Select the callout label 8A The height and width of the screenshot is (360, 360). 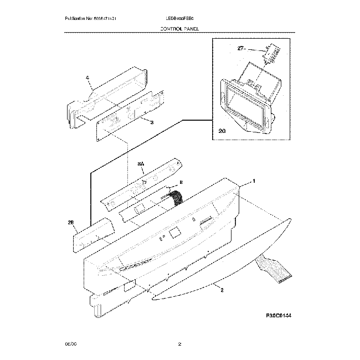tap(141, 164)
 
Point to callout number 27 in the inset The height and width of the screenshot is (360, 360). tap(241, 49)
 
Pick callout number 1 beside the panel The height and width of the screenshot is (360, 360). tap(254, 181)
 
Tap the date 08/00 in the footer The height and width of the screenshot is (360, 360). tap(70, 344)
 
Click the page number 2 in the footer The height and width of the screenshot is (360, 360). tap(179, 344)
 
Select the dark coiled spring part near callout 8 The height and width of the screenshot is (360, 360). tap(177, 196)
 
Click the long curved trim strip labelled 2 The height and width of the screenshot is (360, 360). tap(222, 260)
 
